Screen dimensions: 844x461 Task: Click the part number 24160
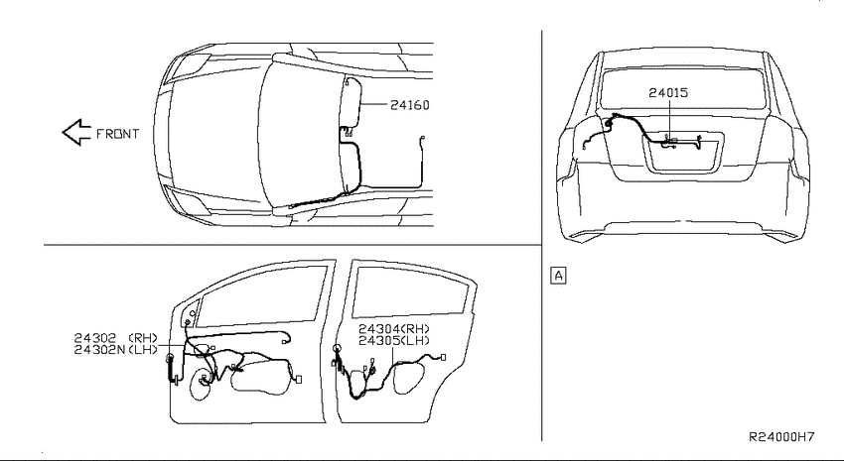(x=410, y=105)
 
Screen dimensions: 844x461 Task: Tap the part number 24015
(x=668, y=92)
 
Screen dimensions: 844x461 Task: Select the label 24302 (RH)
(x=116, y=338)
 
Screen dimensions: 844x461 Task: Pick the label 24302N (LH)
(x=116, y=350)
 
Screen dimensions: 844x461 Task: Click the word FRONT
(x=117, y=134)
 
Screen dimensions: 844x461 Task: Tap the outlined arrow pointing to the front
(x=76, y=132)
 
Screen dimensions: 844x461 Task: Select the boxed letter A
(x=559, y=275)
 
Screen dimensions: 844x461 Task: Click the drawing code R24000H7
(x=781, y=437)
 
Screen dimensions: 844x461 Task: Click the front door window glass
(x=261, y=296)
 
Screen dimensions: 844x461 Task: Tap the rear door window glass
(x=410, y=291)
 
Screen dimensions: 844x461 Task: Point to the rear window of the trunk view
(x=682, y=87)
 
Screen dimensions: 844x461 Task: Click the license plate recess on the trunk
(x=682, y=155)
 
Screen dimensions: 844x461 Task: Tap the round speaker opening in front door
(x=202, y=383)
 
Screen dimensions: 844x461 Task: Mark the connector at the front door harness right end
(x=299, y=380)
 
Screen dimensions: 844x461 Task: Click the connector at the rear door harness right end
(x=443, y=357)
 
